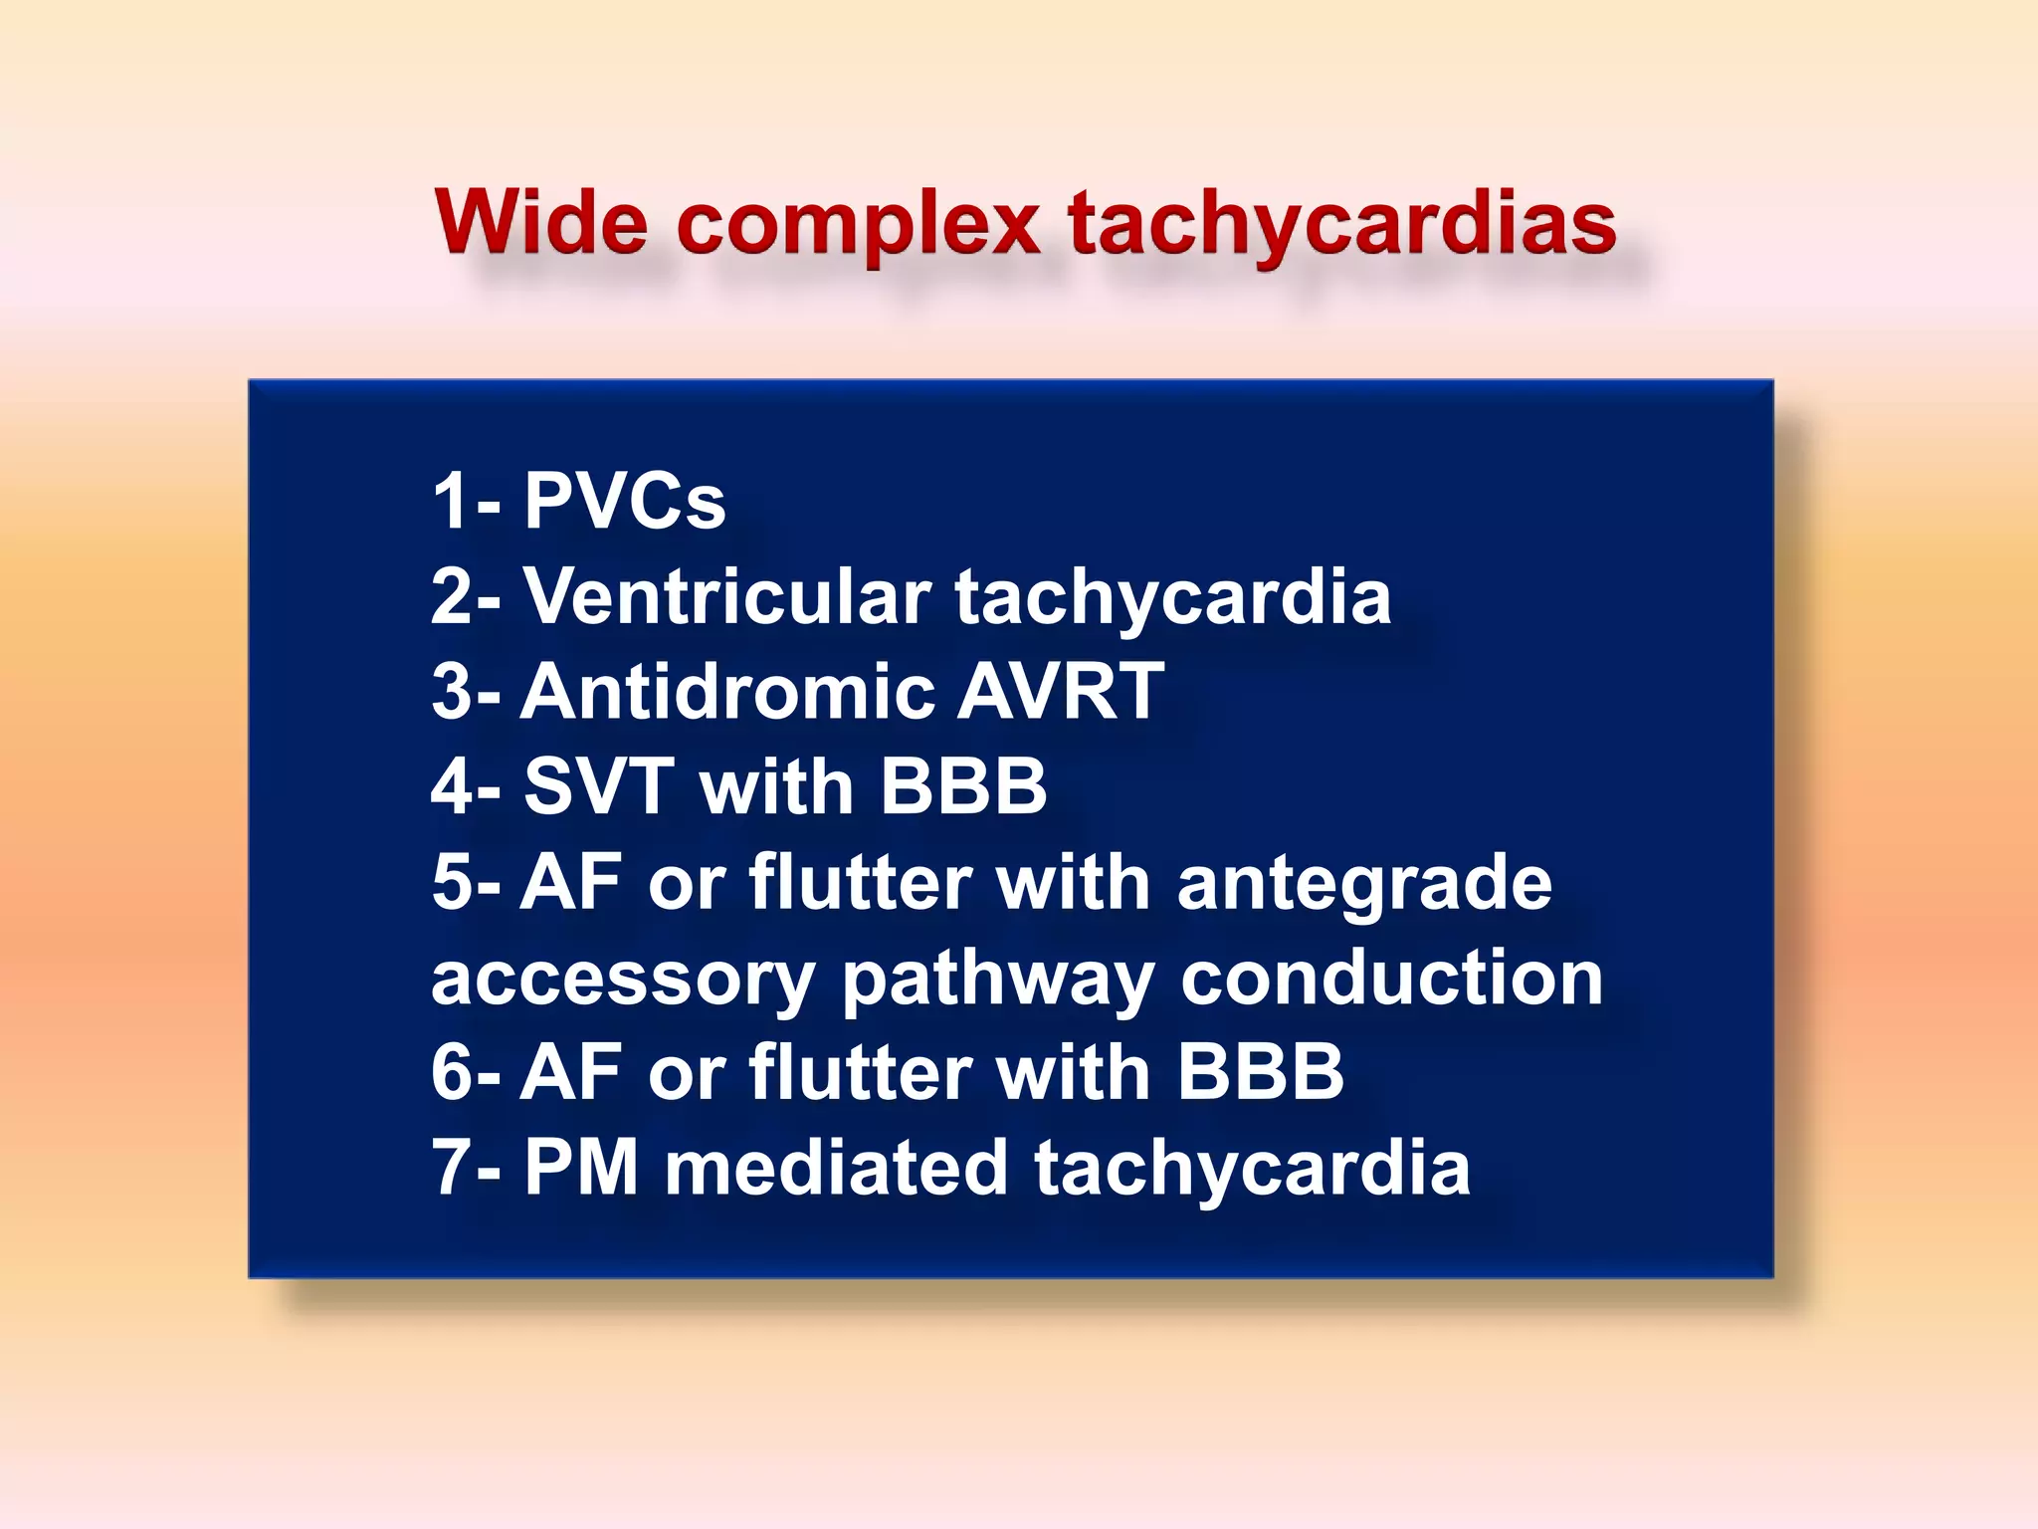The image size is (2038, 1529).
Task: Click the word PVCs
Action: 624,501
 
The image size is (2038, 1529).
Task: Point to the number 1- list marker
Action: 465,501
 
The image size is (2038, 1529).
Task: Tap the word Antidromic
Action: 726,691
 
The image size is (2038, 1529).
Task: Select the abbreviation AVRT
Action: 1060,691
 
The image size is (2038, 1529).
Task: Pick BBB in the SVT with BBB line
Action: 963,786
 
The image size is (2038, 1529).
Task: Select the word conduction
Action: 1391,978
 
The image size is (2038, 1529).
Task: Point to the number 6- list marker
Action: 465,1073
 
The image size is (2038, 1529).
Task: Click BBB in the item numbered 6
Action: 1260,1073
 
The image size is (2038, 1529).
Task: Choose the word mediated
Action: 836,1168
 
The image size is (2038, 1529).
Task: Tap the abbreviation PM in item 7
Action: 580,1168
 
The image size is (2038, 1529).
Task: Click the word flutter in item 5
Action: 860,882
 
